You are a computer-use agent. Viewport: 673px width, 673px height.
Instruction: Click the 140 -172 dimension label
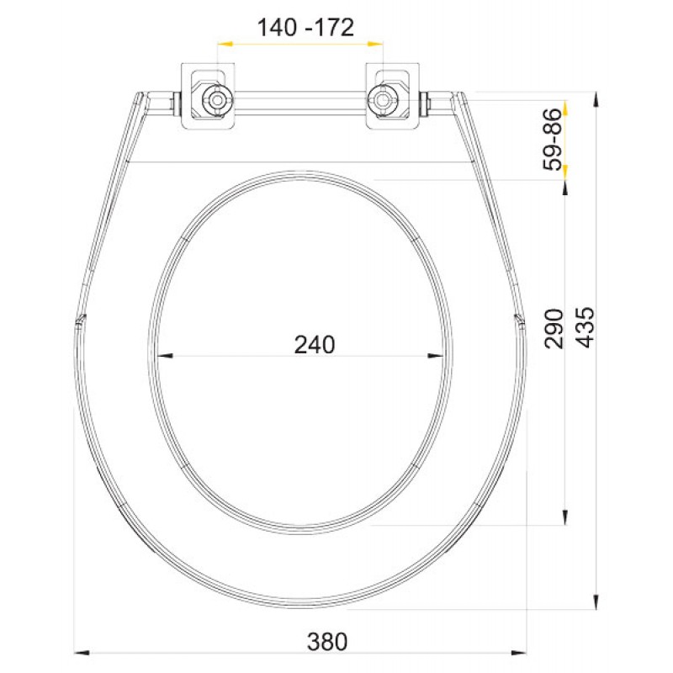point(305,28)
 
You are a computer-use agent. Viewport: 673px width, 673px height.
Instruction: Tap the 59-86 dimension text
point(553,140)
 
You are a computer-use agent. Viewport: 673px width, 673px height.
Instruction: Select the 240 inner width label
point(315,345)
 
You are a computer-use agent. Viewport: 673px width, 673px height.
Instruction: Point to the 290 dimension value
point(554,328)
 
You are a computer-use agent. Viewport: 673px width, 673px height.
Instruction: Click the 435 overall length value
point(586,327)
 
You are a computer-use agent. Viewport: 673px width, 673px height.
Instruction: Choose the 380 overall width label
point(327,642)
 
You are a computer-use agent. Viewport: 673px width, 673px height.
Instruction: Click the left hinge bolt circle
point(217,100)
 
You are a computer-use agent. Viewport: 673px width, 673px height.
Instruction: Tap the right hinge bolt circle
point(381,100)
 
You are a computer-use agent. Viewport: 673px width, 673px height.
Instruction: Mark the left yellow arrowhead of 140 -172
point(225,44)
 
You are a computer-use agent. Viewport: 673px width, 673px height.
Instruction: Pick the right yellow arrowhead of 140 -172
point(375,44)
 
